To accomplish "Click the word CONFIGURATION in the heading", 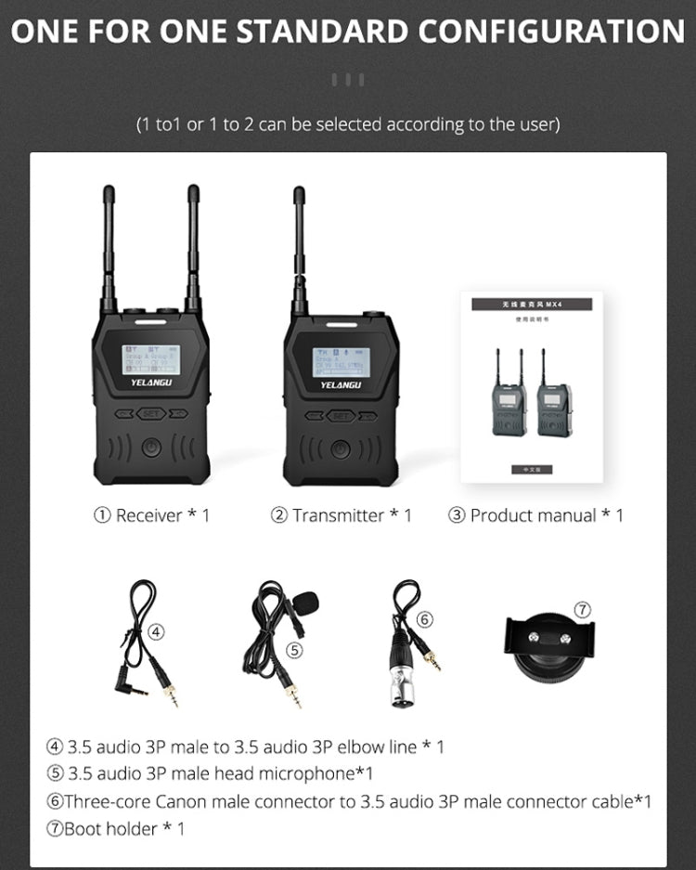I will pyautogui.click(x=551, y=32).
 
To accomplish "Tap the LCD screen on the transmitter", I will pyautogui.click(x=341, y=362).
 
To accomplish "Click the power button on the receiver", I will pyautogui.click(x=151, y=448).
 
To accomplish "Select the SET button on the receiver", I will pyautogui.click(x=151, y=414).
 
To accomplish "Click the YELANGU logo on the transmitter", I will pyautogui.click(x=342, y=384).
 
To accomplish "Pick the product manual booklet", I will pyautogui.click(x=532, y=387).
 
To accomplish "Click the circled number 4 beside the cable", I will pyautogui.click(x=157, y=631).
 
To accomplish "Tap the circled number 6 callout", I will pyautogui.click(x=424, y=619).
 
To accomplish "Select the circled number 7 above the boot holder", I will pyautogui.click(x=582, y=610).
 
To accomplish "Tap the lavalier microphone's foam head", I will pyautogui.click(x=307, y=604).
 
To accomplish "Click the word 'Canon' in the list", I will pyautogui.click(x=188, y=801).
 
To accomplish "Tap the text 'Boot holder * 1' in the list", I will pyautogui.click(x=124, y=828).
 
